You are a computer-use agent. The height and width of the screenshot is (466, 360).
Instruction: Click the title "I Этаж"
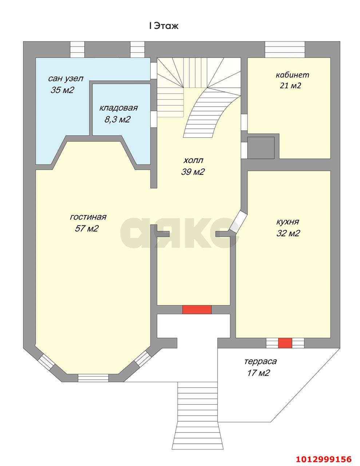(164, 26)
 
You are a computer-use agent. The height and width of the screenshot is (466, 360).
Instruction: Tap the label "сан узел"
(66, 79)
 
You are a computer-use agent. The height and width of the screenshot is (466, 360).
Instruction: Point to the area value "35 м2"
(62, 90)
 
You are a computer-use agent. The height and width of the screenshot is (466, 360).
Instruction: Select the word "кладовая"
(118, 108)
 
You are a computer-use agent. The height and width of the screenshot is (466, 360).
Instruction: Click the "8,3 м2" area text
(117, 119)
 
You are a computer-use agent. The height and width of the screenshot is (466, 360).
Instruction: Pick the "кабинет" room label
(292, 75)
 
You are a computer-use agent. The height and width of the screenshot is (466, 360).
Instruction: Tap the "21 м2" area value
(290, 86)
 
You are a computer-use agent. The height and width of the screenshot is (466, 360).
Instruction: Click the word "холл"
(193, 160)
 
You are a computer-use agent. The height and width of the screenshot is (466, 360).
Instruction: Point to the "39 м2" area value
(193, 171)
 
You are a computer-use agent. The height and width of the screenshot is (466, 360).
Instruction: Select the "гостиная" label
(88, 217)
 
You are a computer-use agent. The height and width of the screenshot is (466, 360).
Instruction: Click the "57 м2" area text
(87, 228)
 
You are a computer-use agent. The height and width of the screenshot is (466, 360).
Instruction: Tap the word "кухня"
(288, 222)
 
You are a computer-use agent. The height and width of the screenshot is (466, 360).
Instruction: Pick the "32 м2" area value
(288, 233)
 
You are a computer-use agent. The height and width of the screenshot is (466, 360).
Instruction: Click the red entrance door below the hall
(197, 310)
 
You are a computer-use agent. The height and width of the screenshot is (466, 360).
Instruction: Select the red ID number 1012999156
(324, 457)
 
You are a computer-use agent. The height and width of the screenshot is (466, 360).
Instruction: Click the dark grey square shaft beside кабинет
(261, 147)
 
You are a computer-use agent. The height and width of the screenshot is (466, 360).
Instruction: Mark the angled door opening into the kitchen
(238, 221)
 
